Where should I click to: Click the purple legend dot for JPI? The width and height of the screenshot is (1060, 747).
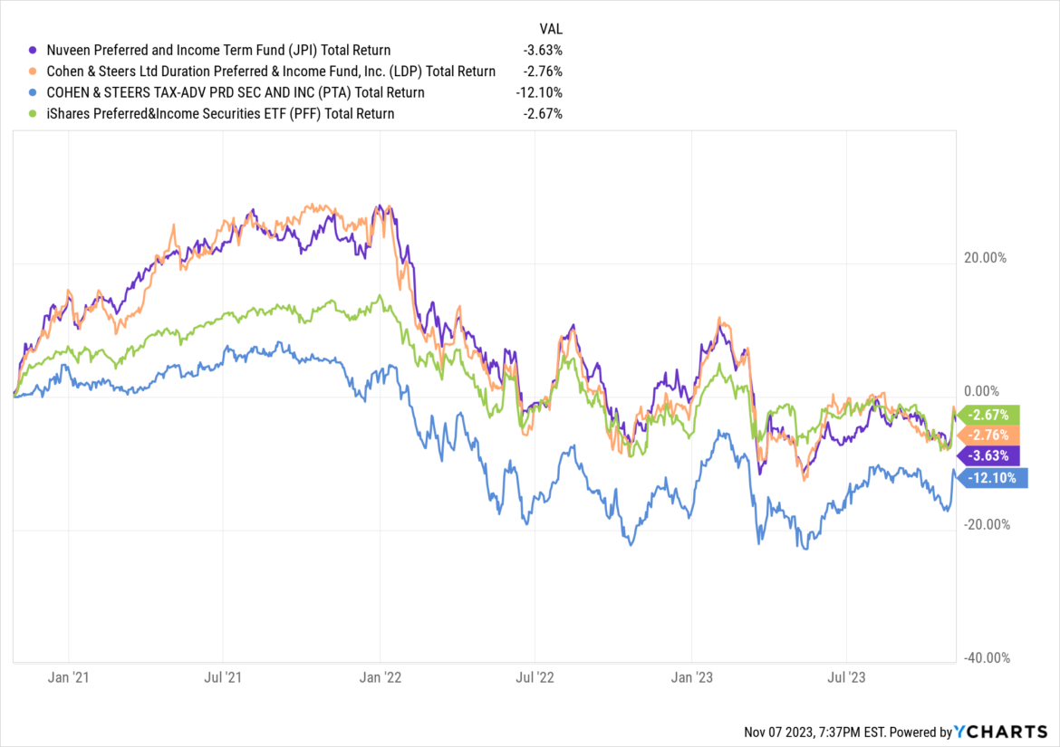[x=34, y=51]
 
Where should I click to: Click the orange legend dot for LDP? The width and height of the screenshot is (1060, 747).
[x=34, y=72]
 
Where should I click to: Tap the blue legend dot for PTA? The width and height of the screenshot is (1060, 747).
[x=34, y=92]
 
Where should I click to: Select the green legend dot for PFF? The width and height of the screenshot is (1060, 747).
[x=34, y=114]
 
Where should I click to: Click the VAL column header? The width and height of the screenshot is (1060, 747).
[x=551, y=28]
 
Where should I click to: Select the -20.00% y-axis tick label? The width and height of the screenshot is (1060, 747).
[x=983, y=525]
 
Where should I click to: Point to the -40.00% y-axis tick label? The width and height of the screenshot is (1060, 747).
[x=983, y=658]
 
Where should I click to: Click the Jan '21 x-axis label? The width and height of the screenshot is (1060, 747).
[x=69, y=676]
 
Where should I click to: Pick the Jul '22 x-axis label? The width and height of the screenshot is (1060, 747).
[x=535, y=676]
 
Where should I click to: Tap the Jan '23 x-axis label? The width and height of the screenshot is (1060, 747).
[x=692, y=676]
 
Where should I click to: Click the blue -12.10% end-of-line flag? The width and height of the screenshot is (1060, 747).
[x=993, y=477]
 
